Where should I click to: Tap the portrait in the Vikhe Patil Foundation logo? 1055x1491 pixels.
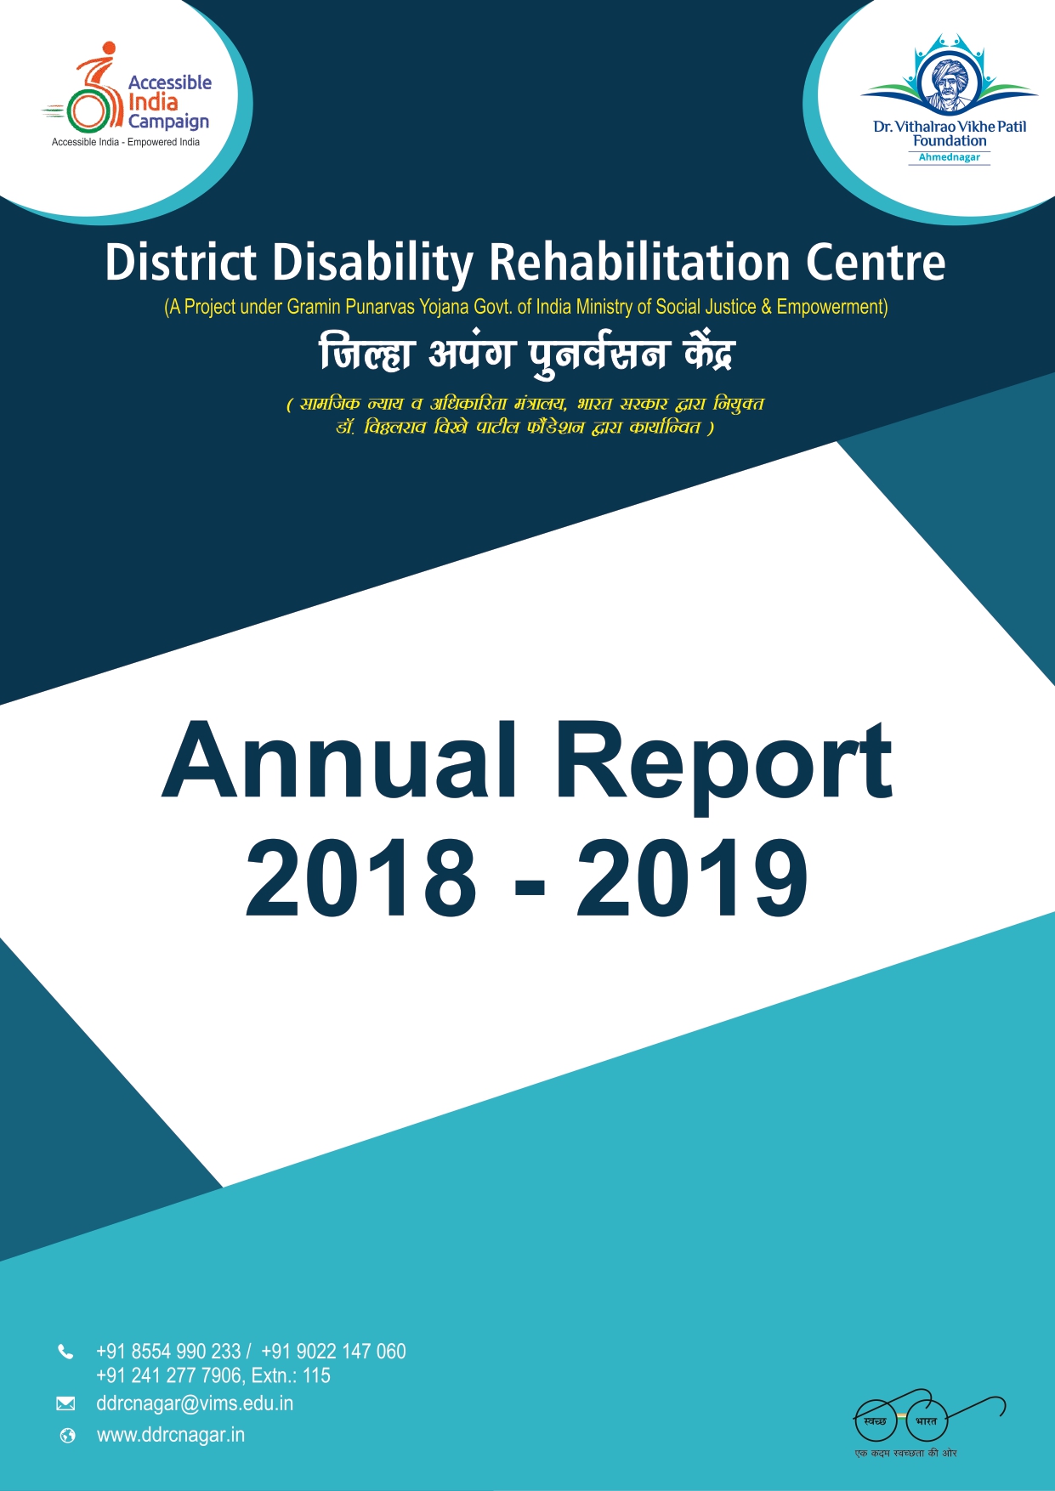[949, 82]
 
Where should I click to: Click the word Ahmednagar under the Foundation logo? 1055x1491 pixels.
[949, 157]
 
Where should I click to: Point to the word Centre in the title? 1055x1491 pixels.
[875, 262]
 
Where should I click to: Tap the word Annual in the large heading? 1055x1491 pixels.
[339, 762]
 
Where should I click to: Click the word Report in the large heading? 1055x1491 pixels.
[723, 762]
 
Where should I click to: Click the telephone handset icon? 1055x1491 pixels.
[65, 1352]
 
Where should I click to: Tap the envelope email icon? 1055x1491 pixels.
[65, 1403]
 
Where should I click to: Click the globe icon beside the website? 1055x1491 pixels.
[67, 1436]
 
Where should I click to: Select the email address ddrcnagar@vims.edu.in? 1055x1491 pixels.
[195, 1403]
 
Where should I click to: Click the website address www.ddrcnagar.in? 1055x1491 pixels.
[171, 1435]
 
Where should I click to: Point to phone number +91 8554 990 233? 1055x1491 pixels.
[168, 1352]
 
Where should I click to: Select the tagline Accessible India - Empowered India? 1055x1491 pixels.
[126, 142]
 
